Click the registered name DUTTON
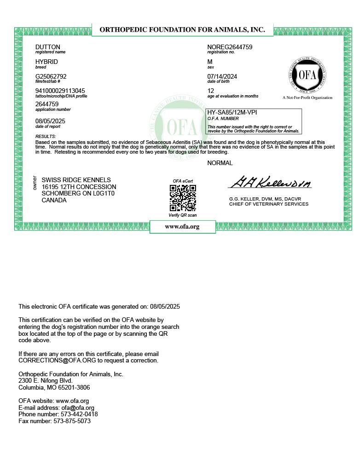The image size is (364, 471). click(x=48, y=47)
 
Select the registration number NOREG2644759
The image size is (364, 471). click(x=230, y=47)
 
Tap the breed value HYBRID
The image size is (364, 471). click(x=46, y=62)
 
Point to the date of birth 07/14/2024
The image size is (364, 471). click(x=222, y=76)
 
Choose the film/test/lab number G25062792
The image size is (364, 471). click(x=51, y=76)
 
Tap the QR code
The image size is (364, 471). click(x=183, y=198)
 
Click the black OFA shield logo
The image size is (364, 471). click(x=307, y=75)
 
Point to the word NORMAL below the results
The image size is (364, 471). click(x=220, y=163)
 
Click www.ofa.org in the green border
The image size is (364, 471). click(x=182, y=227)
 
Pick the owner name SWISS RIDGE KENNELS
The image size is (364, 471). click(x=76, y=180)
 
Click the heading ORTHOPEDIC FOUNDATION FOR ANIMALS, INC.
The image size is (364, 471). click(x=182, y=29)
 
